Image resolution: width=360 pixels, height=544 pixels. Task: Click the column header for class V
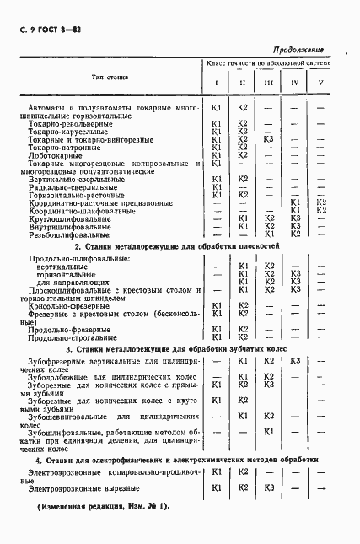pyautogui.click(x=320, y=83)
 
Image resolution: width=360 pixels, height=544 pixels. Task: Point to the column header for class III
pyautogui.click(x=268, y=83)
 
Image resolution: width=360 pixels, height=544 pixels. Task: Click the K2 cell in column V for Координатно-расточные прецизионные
pyautogui.click(x=320, y=202)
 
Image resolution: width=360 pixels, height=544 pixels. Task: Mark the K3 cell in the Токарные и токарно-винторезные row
pyautogui.click(x=268, y=139)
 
